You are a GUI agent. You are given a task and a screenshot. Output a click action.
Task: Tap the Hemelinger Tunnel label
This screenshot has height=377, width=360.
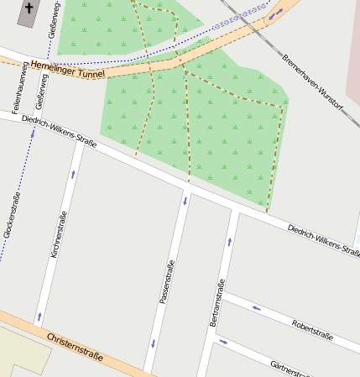coord(67,70)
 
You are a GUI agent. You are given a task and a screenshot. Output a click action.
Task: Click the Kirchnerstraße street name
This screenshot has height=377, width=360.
coord(58,234)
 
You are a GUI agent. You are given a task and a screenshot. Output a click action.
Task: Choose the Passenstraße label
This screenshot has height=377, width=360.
coord(166,282)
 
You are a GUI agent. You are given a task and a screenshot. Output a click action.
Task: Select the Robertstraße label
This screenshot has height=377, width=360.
coord(312,330)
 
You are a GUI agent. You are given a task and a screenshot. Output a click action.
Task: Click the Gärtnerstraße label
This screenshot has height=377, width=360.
coord(290,369)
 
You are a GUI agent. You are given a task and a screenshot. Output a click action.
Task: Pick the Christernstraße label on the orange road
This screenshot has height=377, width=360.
coord(76,345)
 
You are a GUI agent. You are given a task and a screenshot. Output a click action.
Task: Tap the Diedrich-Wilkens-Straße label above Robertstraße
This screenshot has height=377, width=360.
coord(322,240)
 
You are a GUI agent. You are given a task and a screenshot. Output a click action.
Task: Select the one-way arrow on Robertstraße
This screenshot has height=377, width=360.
coord(256,308)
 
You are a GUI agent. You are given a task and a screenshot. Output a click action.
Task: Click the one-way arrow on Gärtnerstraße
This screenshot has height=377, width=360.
coord(222,342)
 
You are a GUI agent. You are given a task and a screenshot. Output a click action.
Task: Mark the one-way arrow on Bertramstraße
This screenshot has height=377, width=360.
coord(228,242)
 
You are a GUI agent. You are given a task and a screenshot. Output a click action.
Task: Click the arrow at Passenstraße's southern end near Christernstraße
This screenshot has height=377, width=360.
coord(153,343)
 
